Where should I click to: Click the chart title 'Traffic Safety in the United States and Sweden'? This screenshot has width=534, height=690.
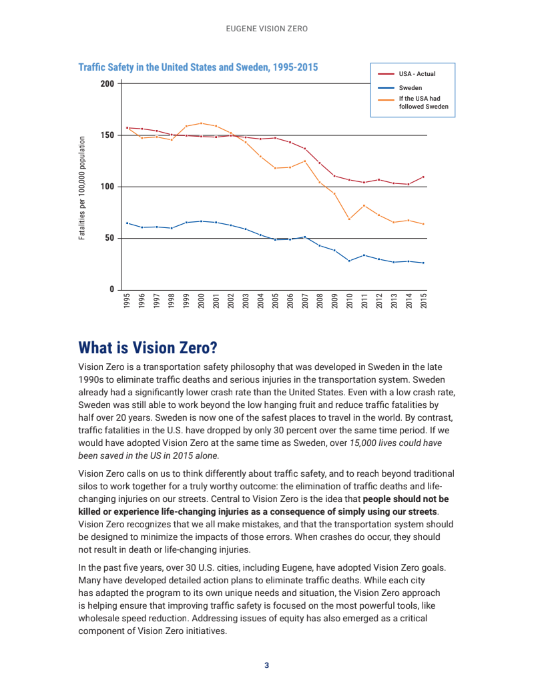point(198,67)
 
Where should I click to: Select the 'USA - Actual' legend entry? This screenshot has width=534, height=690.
point(417,74)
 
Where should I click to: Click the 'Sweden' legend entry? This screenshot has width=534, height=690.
point(411,87)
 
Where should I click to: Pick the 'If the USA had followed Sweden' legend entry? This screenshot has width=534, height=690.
point(423,102)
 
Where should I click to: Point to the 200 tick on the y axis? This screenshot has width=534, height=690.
point(107,84)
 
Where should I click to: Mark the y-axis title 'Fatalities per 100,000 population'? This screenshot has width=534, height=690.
point(82,189)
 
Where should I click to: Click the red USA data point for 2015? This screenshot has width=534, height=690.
point(423,177)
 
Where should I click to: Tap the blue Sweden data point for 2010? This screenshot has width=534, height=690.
point(349,261)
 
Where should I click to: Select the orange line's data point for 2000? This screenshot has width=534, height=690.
point(201,123)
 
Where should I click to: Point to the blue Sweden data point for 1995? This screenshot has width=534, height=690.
point(127,223)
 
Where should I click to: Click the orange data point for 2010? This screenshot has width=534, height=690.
point(349,219)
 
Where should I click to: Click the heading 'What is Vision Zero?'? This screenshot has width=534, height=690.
point(148,348)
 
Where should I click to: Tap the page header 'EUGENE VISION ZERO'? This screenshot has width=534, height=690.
point(266,29)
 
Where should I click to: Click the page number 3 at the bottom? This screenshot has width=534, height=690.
point(266,665)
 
